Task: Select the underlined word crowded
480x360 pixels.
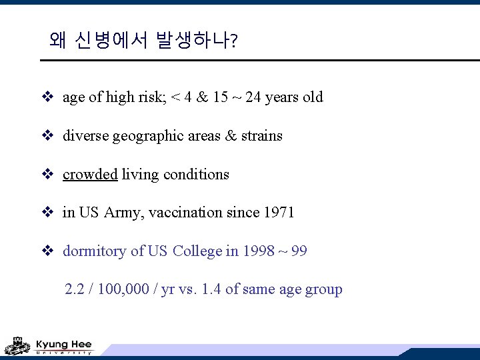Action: pyautogui.click(x=90, y=175)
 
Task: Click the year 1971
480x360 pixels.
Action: pyautogui.click(x=279, y=213)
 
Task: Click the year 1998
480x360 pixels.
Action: pyautogui.click(x=258, y=251)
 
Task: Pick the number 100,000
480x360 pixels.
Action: pyautogui.click(x=130, y=290)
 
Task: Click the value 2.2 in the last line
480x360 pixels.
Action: pyautogui.click(x=75, y=290)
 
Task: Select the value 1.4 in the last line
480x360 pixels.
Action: pyautogui.click(x=211, y=290)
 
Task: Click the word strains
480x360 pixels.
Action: pyautogui.click(x=262, y=136)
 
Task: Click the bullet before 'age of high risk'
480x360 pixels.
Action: pyautogui.click(x=47, y=97)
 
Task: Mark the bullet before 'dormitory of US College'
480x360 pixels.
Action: pyautogui.click(x=47, y=251)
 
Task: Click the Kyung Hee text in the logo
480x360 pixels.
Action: pyautogui.click(x=63, y=344)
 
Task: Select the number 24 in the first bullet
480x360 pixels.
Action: pyautogui.click(x=253, y=97)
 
